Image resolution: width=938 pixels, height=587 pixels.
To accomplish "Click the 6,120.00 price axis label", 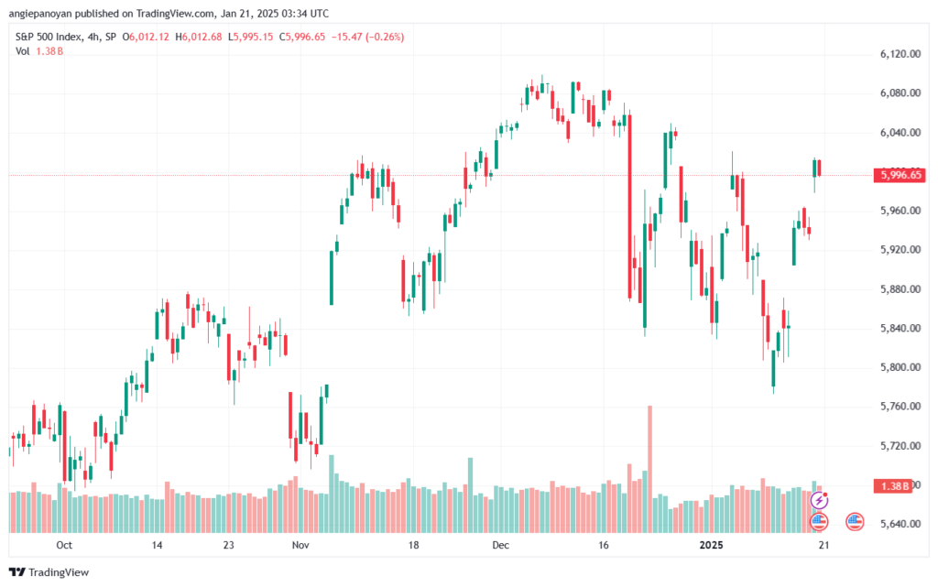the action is tap(900, 54).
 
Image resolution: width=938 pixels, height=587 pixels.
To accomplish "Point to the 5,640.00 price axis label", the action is tap(900, 524).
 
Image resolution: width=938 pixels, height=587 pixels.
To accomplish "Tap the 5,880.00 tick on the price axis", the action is tap(900, 288).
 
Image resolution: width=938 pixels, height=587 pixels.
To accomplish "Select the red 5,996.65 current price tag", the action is tap(899, 175).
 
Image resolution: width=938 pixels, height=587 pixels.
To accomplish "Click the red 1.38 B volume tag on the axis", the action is tap(894, 486).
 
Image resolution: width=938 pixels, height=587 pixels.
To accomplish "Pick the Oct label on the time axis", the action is tap(64, 545).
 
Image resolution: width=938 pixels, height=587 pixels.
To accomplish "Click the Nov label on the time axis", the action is tap(300, 545).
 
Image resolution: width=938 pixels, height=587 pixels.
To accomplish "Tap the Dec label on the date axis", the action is tap(501, 545).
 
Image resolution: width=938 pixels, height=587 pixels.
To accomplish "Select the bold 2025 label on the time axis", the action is tap(711, 545).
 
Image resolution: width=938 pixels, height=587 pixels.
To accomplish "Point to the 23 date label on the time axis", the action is tap(228, 545).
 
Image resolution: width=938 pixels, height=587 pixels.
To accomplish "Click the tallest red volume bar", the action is tap(649, 469).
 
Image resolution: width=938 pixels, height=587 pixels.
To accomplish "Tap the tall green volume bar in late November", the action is tap(470, 495).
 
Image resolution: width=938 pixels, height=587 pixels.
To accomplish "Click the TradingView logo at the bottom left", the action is tap(49, 572).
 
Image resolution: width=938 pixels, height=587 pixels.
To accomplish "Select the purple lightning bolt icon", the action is tap(819, 500).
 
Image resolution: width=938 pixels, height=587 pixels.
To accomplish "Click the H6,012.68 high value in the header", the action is tap(199, 37).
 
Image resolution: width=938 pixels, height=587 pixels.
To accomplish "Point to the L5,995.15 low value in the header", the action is tap(251, 37).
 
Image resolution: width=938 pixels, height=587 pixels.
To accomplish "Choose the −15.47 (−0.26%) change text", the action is tap(368, 37).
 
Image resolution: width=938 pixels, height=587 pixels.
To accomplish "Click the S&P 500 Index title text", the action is tap(49, 37).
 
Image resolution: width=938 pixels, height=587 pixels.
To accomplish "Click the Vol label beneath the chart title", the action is tap(22, 51).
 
